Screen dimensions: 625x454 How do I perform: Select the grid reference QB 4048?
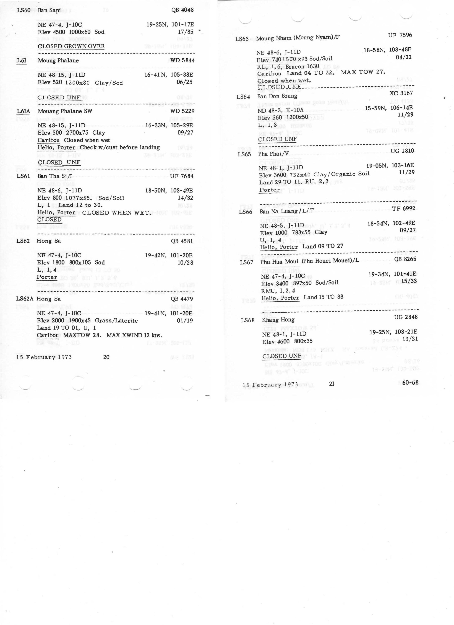pyautogui.click(x=182, y=10)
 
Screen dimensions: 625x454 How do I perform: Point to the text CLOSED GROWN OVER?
pyautogui.click(x=71, y=46)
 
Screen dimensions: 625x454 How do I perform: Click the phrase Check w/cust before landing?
pyautogui.click(x=120, y=147)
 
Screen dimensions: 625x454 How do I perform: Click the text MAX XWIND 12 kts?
pyautogui.click(x=134, y=335)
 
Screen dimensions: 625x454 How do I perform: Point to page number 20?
pyautogui.click(x=106, y=357)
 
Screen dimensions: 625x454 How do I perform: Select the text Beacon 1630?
pyautogui.click(x=302, y=67)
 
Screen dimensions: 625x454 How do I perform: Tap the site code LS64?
pyautogui.click(x=243, y=97)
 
